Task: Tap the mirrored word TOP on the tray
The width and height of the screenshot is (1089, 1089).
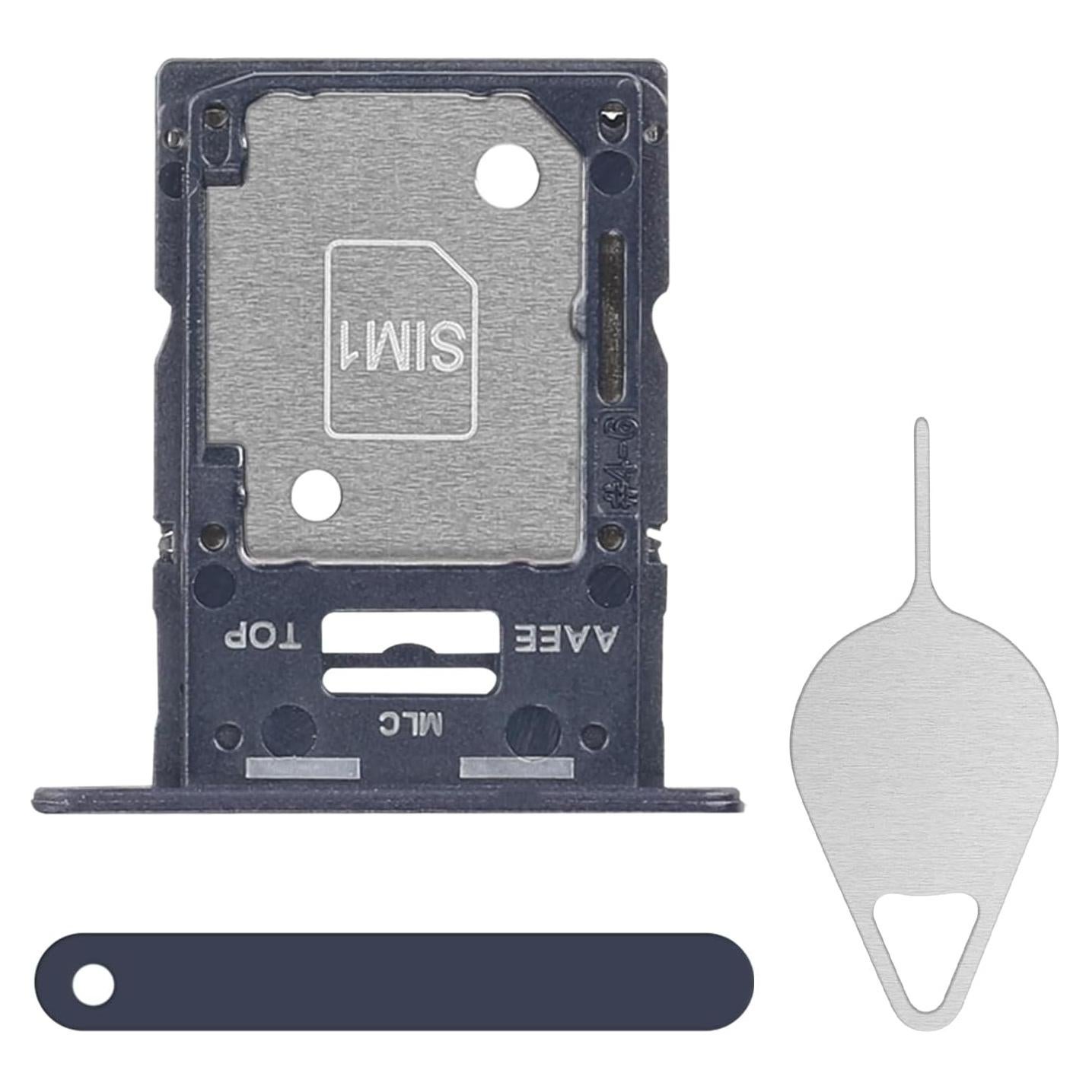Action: (263, 636)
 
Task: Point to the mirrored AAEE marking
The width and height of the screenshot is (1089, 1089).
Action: (566, 638)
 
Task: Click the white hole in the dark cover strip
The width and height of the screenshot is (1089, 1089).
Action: (94, 985)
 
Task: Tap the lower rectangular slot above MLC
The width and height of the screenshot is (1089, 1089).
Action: (410, 680)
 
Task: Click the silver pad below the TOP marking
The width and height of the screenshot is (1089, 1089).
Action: (303, 769)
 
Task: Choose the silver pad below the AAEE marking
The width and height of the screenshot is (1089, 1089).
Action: (517, 769)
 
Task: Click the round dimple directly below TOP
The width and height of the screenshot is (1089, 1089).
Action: (288, 729)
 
